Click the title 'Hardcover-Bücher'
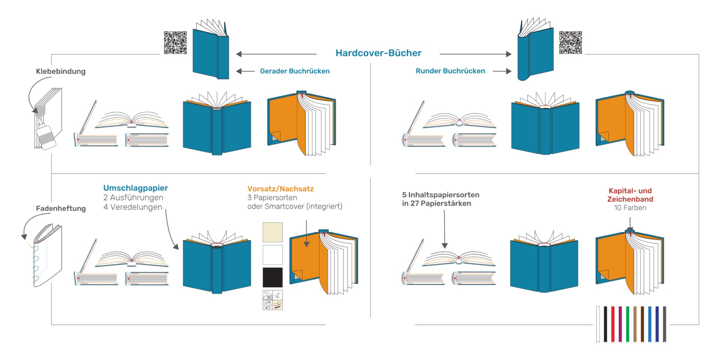[x=378, y=53]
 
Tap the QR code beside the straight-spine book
[x=175, y=43]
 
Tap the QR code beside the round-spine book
[x=570, y=43]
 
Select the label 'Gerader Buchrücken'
[x=294, y=71]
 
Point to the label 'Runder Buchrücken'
[x=450, y=71]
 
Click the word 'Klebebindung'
[x=61, y=72]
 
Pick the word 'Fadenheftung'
[x=61, y=208]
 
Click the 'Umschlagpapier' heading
[x=135, y=188]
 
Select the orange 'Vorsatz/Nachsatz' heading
[x=280, y=189]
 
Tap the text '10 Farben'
[x=630, y=208]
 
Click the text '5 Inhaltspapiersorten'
[x=441, y=195]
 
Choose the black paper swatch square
[x=273, y=277]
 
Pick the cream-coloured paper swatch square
[x=273, y=232]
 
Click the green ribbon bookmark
[x=627, y=324]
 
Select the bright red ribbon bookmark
[x=613, y=324]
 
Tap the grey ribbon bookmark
[x=664, y=324]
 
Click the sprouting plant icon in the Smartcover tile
[x=277, y=295]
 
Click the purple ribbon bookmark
[x=620, y=324]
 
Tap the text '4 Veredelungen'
[x=132, y=207]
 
